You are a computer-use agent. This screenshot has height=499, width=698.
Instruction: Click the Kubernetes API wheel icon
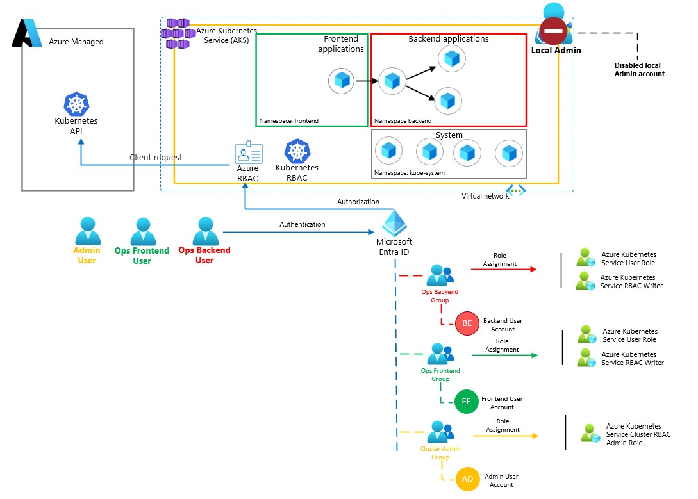76,104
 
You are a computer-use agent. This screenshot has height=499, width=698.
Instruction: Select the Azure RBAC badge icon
248,154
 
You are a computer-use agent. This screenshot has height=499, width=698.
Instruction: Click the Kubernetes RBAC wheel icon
297,151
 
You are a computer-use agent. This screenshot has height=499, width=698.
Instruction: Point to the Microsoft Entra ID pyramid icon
395,224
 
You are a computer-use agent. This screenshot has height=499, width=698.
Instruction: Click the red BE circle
467,323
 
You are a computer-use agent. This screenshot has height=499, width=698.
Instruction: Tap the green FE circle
466,402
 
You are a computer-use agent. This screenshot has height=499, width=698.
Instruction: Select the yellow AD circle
467,479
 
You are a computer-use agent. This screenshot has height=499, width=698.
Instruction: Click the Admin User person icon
87,231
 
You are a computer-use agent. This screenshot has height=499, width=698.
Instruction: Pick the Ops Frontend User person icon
142,231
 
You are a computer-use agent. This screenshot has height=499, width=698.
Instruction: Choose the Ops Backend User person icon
205,231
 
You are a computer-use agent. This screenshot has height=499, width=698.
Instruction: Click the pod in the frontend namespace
342,81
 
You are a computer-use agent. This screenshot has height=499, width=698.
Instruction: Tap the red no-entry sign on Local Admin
552,31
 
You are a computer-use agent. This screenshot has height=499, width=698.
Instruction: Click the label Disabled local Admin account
639,69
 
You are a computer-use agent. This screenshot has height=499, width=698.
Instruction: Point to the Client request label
156,158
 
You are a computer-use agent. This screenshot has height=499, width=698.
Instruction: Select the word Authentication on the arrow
303,224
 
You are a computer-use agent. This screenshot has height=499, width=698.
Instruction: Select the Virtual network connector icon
517,190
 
